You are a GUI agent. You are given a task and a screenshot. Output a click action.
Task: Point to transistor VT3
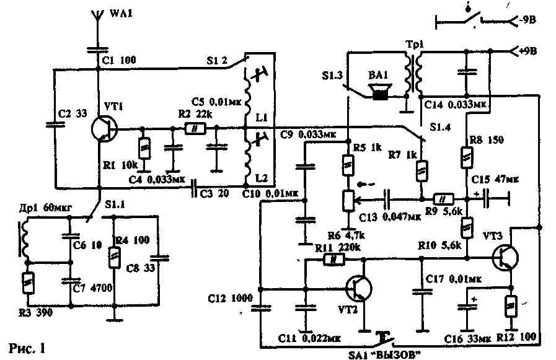tap(506, 257)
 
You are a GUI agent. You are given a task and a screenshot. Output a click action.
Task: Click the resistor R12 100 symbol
tap(512, 305)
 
